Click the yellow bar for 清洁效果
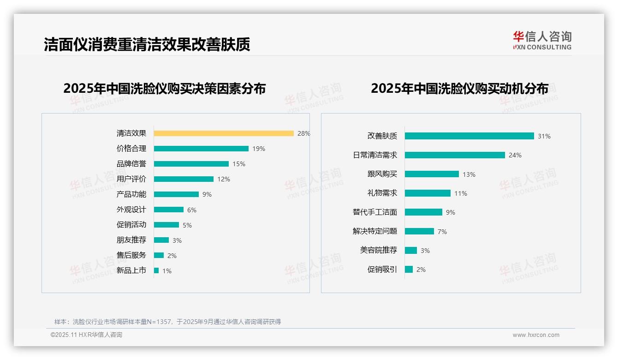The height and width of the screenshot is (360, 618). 224,133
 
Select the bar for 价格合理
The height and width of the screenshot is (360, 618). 201,149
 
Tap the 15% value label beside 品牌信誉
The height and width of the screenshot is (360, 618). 239,164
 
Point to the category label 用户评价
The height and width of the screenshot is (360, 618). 131,179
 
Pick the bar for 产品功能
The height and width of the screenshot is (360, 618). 176,194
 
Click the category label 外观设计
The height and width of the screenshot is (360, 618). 131,210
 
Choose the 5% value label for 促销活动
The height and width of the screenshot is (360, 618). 187,225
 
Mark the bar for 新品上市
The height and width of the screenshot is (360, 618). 156,270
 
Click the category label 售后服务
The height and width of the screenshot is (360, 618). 131,255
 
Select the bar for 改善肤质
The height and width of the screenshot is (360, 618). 469,136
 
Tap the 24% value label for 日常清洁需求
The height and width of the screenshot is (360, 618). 515,156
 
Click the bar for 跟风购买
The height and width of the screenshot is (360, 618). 432,174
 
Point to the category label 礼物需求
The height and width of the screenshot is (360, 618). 382,193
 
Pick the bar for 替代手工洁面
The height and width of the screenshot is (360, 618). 423,212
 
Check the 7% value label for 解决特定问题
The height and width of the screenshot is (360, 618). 442,232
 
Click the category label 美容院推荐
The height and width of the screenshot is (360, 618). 378,250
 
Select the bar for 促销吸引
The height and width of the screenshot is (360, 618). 409,269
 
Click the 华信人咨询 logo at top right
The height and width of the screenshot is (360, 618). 542,40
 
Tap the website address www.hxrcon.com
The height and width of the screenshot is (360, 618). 535,335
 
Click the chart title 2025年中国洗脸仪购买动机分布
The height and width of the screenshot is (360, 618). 459,89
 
